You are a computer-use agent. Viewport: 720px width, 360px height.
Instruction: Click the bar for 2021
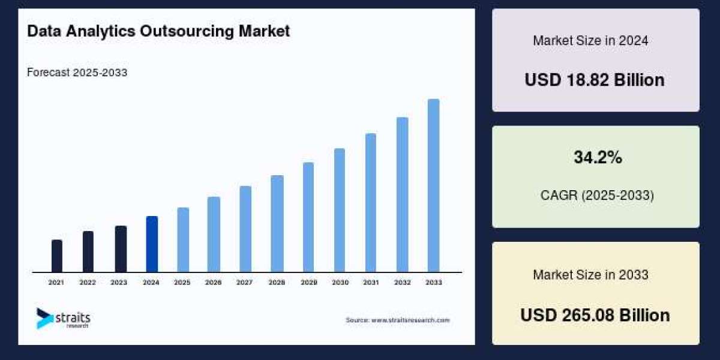tap(57, 256)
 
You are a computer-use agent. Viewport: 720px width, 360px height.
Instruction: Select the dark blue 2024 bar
tap(152, 244)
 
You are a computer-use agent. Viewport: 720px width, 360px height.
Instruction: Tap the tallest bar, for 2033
tap(433, 185)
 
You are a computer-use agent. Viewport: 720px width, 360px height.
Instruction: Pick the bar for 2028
tap(277, 223)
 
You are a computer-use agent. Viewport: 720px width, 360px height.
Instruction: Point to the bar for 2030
tap(340, 210)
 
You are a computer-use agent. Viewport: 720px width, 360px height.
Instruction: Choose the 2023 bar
tap(121, 248)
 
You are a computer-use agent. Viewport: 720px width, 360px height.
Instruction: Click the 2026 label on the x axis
tap(214, 282)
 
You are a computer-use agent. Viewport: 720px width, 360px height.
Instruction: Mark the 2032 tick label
tap(402, 282)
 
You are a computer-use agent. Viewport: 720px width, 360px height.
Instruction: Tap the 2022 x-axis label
tap(88, 282)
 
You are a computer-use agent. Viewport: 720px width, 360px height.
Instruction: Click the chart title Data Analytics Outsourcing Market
tap(158, 32)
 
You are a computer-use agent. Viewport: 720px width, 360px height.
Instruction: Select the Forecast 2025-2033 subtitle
tap(77, 73)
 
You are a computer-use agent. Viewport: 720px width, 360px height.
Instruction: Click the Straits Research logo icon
tap(44, 318)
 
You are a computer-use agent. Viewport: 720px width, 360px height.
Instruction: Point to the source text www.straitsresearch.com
tap(397, 320)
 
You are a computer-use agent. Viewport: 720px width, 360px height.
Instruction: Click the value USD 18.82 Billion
tap(595, 80)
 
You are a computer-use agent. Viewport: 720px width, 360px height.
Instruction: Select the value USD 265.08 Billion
tap(595, 315)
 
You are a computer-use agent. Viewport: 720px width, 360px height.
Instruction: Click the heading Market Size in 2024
tap(590, 41)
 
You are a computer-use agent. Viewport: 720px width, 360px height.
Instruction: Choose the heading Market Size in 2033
tap(590, 275)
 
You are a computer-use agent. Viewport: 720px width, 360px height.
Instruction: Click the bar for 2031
tap(371, 202)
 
